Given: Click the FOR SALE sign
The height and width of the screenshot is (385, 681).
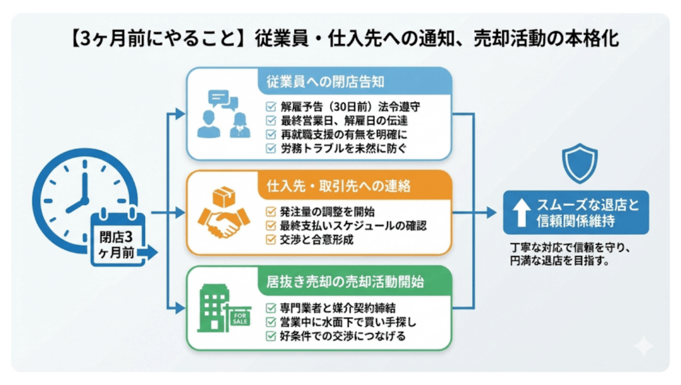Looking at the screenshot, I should (239, 321).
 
